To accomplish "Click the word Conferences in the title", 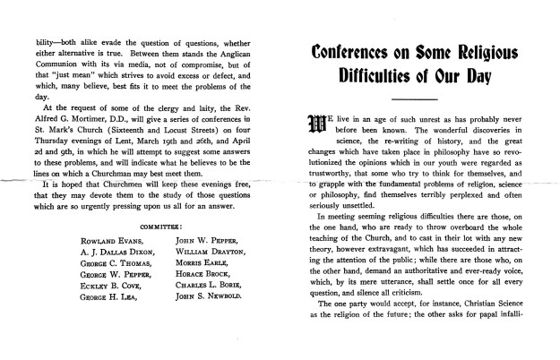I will click(357, 53).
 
